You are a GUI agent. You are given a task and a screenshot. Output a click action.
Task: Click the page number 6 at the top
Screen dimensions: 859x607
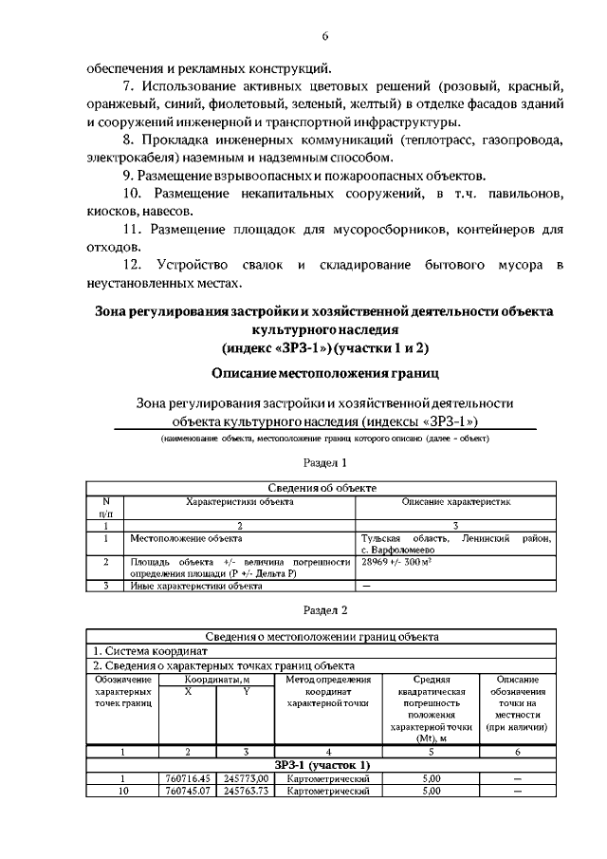pos(325,36)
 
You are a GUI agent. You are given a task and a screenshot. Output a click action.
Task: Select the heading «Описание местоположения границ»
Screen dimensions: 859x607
pos(325,373)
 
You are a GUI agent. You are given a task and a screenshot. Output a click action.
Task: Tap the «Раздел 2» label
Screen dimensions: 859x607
pos(325,609)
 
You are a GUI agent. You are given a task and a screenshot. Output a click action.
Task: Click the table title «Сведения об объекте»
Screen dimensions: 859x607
pos(325,487)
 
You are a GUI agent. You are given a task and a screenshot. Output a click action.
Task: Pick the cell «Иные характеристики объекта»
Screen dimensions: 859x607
pos(195,586)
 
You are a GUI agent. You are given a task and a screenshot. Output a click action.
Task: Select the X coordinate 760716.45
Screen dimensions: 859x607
pos(187,777)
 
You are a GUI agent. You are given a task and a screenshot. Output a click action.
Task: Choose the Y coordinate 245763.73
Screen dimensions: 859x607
pos(246,789)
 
